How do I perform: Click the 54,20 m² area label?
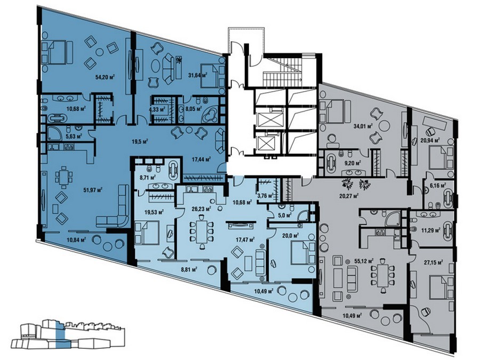tap(105, 77)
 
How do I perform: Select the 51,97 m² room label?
tap(93, 189)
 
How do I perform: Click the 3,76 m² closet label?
tap(266, 196)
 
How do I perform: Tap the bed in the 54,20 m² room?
tap(58, 53)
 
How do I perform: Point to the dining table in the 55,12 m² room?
tap(382, 275)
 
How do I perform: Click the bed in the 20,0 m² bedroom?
tap(303, 253)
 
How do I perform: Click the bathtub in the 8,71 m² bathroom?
tap(173, 168)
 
